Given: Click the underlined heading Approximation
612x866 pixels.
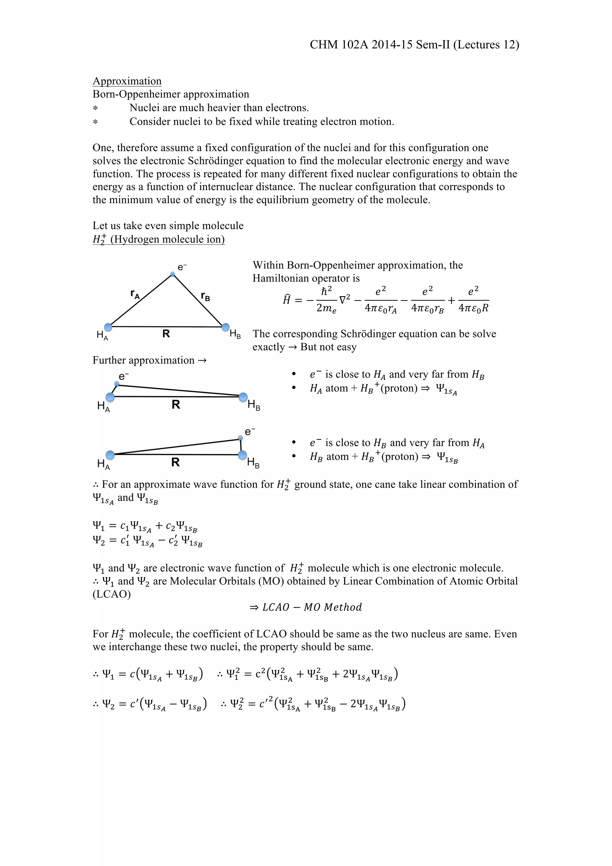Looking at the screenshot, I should tap(127, 81).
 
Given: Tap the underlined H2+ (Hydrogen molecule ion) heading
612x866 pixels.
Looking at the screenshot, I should tap(158, 239).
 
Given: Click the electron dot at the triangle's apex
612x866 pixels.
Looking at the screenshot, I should tap(173, 274).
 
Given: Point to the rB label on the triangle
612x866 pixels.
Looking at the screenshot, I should tap(205, 296).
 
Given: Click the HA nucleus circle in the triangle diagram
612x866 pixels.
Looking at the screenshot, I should tap(108, 327).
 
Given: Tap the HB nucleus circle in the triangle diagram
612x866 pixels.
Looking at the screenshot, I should tap(226, 327).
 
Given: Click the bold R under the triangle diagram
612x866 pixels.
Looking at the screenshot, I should tap(166, 334).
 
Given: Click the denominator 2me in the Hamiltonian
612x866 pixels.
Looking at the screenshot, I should tap(326, 308).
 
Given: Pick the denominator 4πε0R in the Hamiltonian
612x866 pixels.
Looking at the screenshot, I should tap(473, 308).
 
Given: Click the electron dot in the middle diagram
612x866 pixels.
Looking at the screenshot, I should tap(117, 384).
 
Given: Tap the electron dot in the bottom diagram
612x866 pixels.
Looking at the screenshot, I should tap(241, 438).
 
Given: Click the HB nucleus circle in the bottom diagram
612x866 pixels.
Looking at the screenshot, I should tap(243, 455).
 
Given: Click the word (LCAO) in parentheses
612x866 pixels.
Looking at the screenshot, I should tap(112, 594).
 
